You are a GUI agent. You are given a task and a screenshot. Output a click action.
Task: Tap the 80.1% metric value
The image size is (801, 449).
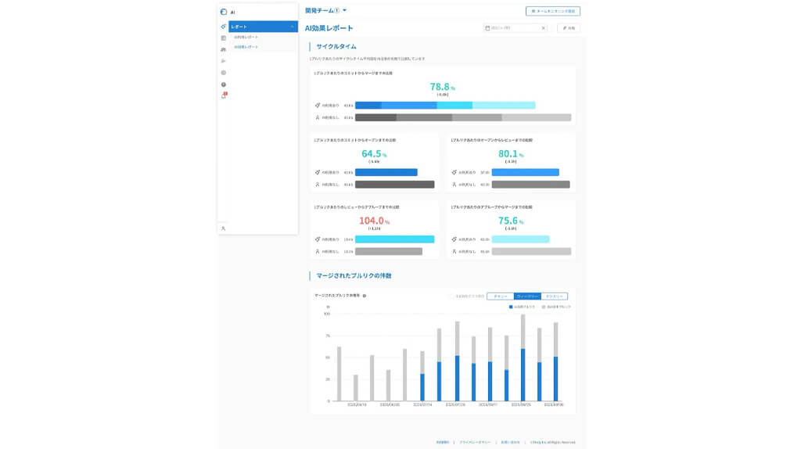510,154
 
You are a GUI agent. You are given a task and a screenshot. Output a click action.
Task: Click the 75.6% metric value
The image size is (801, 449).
510,221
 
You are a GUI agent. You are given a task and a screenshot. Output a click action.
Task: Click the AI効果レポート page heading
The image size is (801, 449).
329,28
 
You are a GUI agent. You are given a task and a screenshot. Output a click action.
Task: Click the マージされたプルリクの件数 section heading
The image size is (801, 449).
354,275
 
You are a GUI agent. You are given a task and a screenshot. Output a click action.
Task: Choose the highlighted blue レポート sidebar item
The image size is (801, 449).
262,27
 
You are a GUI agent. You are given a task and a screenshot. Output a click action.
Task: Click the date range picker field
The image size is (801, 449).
515,28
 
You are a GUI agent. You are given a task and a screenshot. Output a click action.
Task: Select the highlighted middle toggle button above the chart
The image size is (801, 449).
526,296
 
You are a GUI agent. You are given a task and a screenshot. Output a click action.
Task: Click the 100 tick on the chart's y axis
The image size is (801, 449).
327,314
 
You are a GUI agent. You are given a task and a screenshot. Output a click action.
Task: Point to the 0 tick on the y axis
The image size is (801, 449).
328,401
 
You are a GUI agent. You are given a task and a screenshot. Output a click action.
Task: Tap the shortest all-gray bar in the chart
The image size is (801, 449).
355,387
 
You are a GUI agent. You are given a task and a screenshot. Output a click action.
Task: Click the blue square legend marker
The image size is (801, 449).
511,307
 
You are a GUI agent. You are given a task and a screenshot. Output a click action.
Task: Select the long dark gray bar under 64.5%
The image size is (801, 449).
394,185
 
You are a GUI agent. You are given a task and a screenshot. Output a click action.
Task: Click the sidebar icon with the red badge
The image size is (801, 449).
224,95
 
